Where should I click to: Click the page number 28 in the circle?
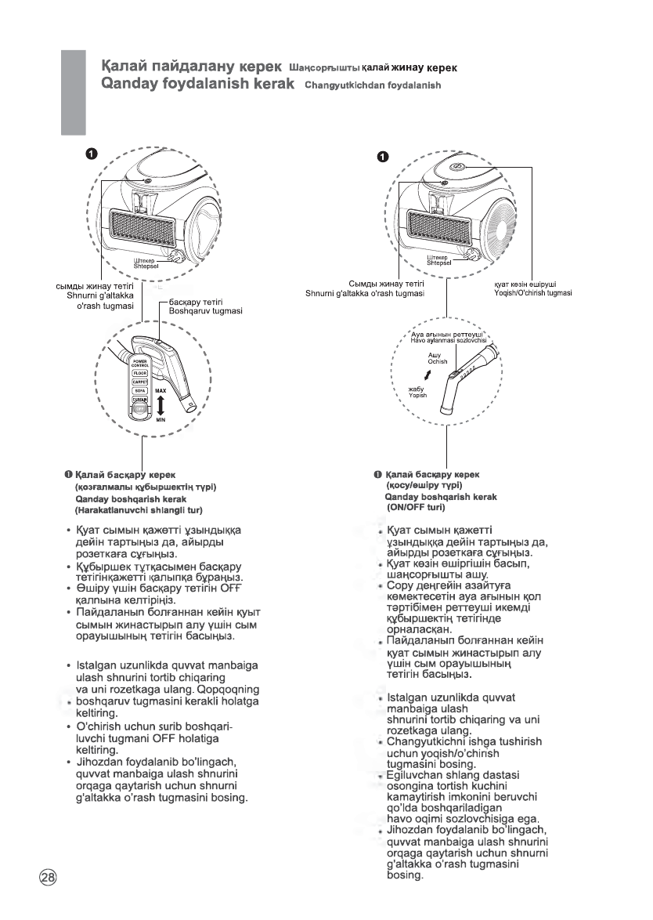(48, 876)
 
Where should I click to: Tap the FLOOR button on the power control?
(141, 373)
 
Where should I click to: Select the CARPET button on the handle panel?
(141, 382)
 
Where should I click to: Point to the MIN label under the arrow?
(161, 420)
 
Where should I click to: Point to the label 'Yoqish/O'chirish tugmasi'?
(529, 292)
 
